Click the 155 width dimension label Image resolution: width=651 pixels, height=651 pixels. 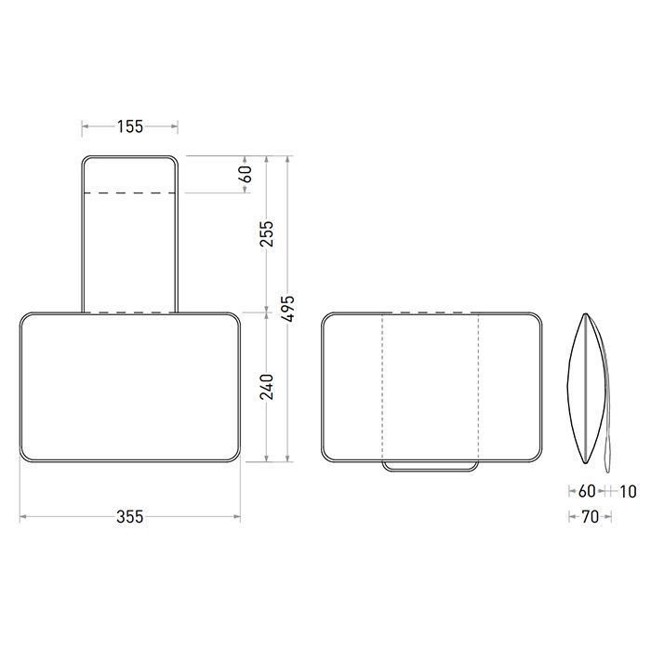(x=130, y=126)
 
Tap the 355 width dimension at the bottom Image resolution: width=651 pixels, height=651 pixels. (x=130, y=517)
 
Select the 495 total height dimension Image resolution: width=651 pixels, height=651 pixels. (x=287, y=309)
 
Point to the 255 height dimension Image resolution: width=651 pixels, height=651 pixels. (x=267, y=233)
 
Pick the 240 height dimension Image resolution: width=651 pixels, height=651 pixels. (x=267, y=387)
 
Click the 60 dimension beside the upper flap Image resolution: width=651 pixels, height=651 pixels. (x=246, y=174)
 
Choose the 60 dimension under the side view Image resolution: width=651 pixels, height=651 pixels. (x=587, y=492)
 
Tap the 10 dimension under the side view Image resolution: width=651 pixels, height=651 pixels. (x=628, y=492)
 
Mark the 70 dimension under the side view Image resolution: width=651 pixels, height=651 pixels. (x=590, y=517)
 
